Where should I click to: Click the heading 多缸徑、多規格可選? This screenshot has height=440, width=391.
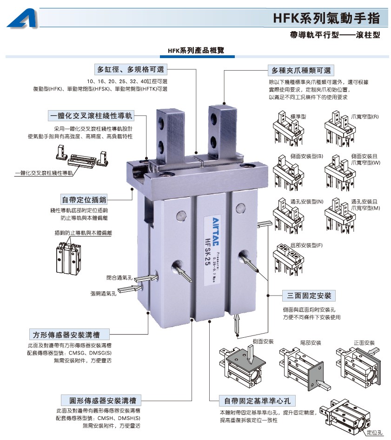(x=131, y=69)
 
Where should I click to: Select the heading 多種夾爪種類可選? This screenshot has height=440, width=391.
(x=301, y=71)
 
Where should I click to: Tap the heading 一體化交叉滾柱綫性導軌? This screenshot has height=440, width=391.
(x=91, y=116)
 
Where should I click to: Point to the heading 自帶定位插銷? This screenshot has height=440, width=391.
(x=84, y=200)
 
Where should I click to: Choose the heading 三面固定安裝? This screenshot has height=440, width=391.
(x=309, y=296)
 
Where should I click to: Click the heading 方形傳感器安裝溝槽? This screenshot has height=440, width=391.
(x=66, y=335)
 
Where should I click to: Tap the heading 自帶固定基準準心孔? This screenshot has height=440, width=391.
(x=257, y=401)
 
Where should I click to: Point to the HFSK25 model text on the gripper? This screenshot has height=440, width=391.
(x=207, y=251)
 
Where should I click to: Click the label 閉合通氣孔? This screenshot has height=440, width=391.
(x=119, y=277)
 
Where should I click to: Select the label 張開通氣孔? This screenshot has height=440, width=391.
(x=103, y=294)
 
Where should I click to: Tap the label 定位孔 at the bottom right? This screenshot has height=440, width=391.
(x=375, y=433)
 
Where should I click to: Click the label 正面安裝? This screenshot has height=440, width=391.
(x=364, y=342)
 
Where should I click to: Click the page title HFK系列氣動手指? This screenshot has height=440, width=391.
(x=326, y=18)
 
